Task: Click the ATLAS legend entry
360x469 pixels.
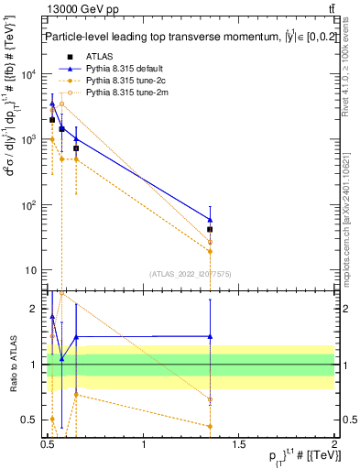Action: coord(99,57)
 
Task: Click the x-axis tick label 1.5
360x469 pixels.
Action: coord(240,443)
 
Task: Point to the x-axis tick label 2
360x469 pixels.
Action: coord(334,443)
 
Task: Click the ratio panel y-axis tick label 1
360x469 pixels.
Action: coord(37,365)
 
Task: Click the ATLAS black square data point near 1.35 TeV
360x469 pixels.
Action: coord(211,230)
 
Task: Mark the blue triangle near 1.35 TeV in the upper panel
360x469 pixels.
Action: coord(211,219)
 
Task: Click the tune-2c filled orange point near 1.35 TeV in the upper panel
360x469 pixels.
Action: coord(211,251)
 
